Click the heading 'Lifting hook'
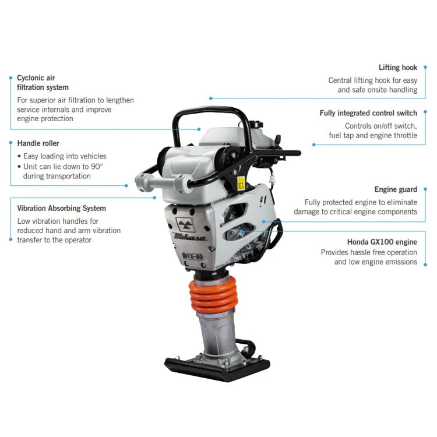pos(397,68)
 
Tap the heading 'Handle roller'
pos(38,143)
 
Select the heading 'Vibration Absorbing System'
pos(61,208)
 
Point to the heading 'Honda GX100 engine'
pos(382,241)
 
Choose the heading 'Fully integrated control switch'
pos(368,113)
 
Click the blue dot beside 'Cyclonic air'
pos(10,77)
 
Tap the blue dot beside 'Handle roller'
pos(10,143)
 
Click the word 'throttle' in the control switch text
pos(403,136)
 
